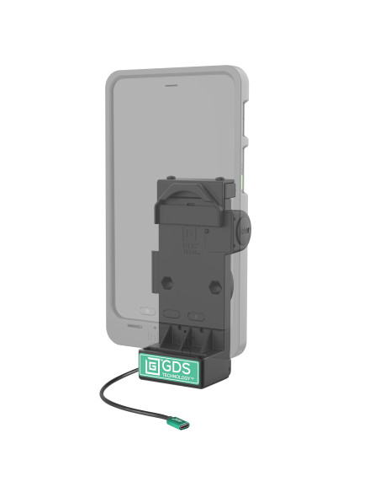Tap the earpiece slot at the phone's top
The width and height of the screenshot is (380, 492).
point(173,86)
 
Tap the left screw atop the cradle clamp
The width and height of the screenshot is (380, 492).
point(172,179)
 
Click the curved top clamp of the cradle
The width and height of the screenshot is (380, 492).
point(192,190)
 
